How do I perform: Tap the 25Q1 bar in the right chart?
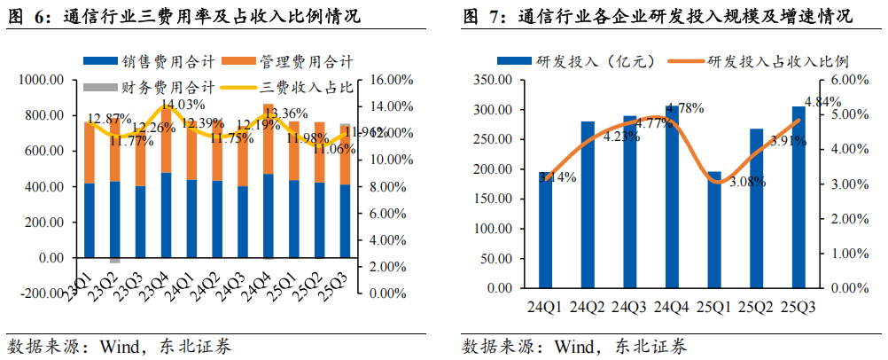(713, 230)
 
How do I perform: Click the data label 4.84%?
(822, 101)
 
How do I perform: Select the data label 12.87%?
(109, 118)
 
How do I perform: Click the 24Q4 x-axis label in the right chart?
(671, 308)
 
